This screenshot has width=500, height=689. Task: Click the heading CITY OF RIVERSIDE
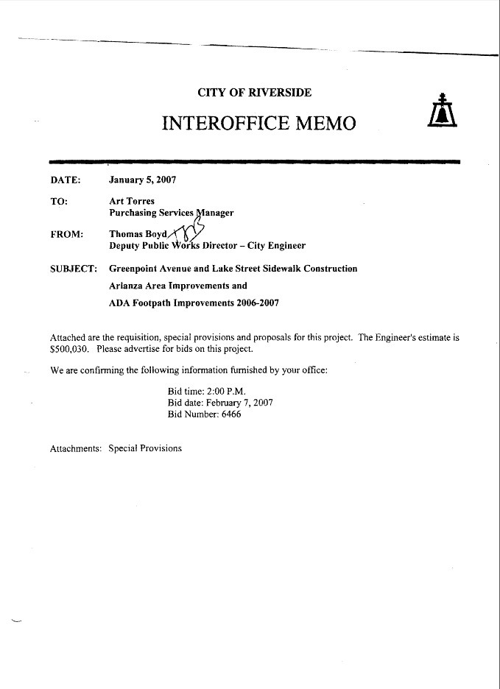tap(254, 93)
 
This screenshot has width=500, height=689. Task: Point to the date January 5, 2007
tap(142, 180)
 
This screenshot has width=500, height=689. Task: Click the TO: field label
tap(59, 201)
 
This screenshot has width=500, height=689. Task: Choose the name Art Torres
tap(132, 201)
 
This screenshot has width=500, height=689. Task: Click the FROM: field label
tap(66, 234)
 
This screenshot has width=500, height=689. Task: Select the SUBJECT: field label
tap(74, 269)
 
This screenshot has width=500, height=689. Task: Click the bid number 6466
tap(226, 414)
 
